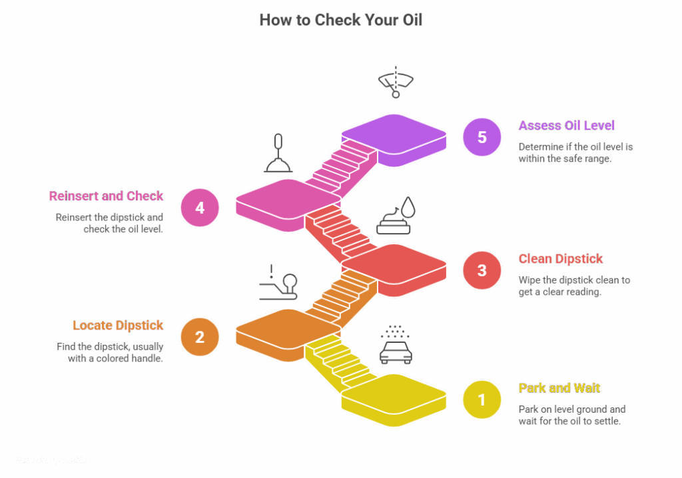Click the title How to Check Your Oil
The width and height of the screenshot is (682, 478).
(340, 20)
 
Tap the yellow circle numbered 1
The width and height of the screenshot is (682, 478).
(482, 399)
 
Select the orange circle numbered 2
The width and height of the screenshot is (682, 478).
(200, 337)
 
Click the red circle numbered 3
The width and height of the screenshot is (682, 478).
(482, 270)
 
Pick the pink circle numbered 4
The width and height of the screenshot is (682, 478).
(200, 208)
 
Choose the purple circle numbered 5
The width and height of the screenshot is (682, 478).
(482, 137)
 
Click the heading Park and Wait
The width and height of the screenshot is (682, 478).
(559, 388)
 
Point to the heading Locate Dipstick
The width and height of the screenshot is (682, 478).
(118, 326)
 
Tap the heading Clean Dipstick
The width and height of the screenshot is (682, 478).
(561, 259)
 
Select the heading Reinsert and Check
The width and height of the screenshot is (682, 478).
(106, 196)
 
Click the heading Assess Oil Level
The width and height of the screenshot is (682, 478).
(566, 126)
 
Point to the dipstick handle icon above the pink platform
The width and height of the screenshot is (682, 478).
(278, 154)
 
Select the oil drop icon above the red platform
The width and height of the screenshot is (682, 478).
(396, 217)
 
